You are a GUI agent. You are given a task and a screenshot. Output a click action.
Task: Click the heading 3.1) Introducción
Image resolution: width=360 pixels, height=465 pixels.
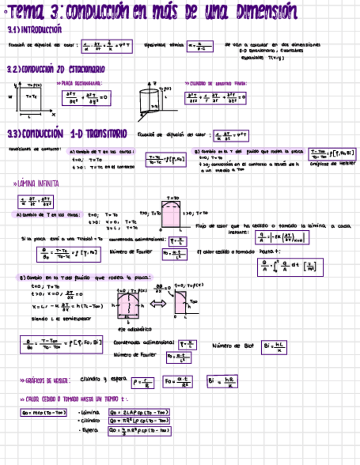pyautogui.click(x=34, y=30)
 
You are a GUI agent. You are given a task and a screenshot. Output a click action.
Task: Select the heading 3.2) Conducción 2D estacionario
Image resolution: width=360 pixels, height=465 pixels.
pyautogui.click(x=55, y=70)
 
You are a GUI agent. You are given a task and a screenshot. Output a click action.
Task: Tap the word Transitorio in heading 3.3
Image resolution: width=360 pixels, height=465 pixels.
pyautogui.click(x=99, y=134)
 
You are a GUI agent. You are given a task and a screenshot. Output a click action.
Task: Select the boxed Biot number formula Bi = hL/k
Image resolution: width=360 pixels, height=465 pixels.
pyautogui.click(x=275, y=347)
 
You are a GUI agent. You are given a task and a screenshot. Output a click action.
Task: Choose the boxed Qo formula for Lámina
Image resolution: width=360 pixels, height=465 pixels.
pyautogui.click(x=139, y=412)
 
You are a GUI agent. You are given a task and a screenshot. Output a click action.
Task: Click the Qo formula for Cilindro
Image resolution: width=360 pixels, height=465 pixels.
pyautogui.click(x=139, y=421)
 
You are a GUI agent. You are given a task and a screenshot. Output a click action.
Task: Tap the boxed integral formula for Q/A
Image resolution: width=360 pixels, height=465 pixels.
pyautogui.click(x=291, y=268)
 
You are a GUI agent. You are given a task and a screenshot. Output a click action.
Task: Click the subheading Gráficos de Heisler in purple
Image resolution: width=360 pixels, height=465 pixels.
pyautogui.click(x=45, y=380)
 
